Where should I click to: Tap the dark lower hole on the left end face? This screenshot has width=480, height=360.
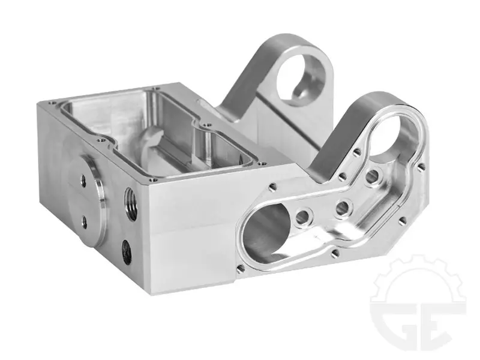coord(127,252)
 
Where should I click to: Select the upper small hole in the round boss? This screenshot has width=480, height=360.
coord(83,180)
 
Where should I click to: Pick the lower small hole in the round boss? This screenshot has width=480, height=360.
coord(84,222)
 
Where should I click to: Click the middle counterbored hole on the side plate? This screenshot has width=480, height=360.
coord(342,208)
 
